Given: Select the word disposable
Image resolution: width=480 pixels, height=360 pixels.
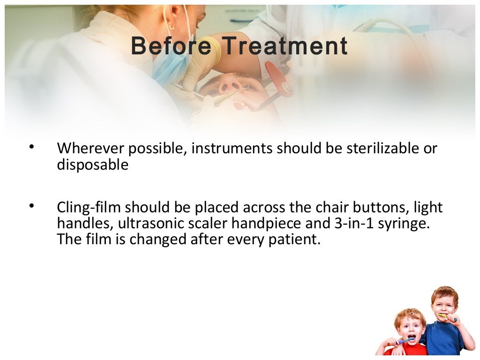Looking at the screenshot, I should click(x=92, y=165).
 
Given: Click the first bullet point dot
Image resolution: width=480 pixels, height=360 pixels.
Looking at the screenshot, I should click(x=31, y=148).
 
